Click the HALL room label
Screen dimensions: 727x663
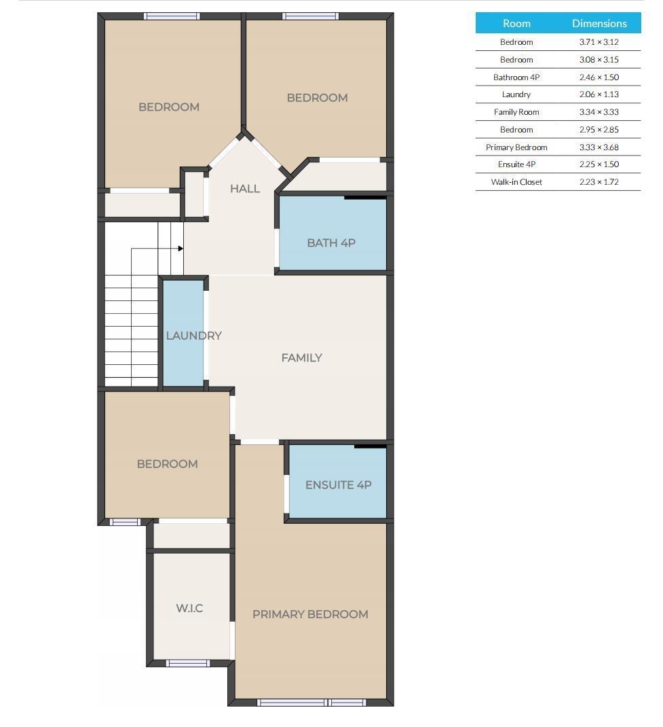point(244,188)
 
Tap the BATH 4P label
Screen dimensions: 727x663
point(331,243)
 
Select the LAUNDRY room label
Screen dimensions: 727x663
point(193,336)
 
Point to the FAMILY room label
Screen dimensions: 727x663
point(301,357)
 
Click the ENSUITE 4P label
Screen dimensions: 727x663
point(338,484)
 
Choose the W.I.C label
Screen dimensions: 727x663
point(189,608)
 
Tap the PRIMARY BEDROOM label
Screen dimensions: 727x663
point(310,614)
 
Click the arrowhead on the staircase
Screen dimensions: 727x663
point(181,249)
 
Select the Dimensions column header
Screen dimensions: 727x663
point(599,23)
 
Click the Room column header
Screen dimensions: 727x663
point(516,23)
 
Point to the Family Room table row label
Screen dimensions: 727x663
point(516,112)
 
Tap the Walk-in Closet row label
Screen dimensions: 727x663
point(516,182)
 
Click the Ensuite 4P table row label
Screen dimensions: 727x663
point(516,164)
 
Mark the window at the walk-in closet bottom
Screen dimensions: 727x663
point(188,663)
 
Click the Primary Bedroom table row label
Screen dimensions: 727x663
point(516,147)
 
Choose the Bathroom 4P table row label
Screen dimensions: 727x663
point(516,77)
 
